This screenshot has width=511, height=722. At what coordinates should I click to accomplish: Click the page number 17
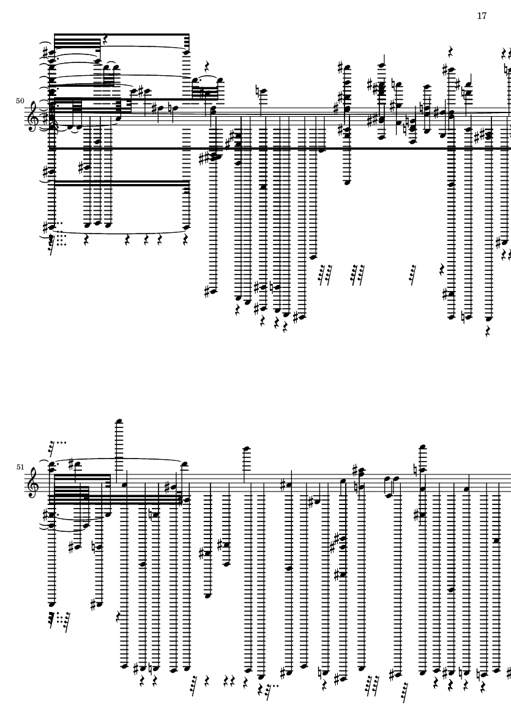(482, 16)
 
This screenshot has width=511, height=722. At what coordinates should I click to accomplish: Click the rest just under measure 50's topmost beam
(105, 40)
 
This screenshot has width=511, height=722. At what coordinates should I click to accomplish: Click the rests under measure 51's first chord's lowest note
(60, 619)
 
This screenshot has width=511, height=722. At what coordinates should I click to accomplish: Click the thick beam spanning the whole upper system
(275, 148)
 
